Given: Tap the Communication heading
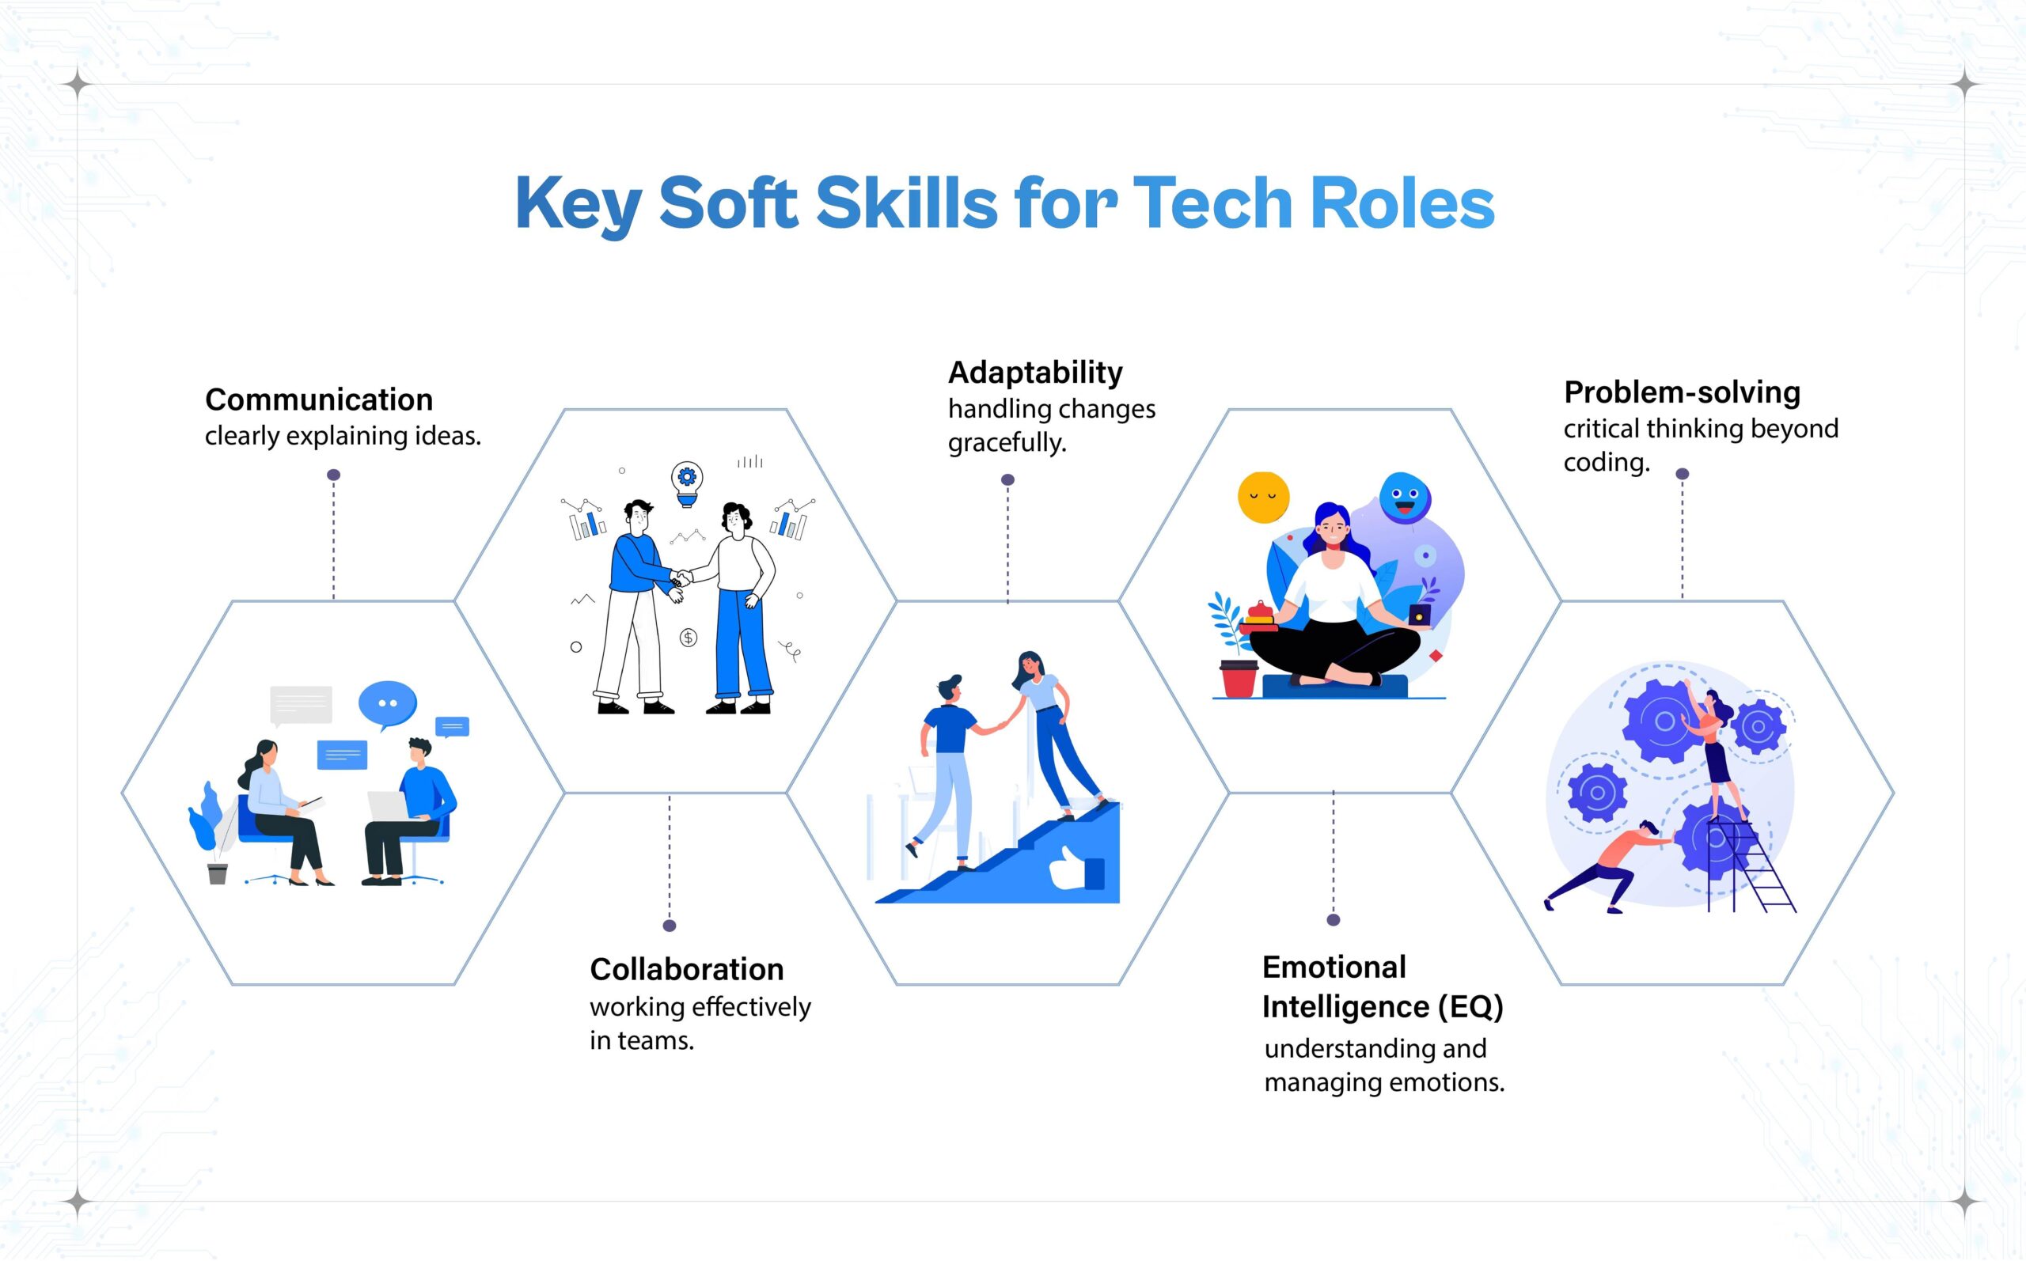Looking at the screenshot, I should coord(319,400).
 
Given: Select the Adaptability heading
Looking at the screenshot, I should coord(1035,372).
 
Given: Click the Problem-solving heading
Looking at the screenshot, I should coord(1682,392).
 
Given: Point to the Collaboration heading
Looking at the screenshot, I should coord(686,969).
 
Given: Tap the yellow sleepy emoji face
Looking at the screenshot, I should coord(1263,498).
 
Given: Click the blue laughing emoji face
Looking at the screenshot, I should coord(1404,497).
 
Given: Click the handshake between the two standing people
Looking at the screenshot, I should coord(681,577).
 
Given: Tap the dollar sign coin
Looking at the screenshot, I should coord(688,638).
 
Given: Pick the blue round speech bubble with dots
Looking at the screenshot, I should coord(387,703).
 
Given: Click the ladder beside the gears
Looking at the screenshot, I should coord(1751,867).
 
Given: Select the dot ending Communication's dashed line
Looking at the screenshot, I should coord(334,475).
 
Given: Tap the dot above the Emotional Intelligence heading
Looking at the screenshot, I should coord(1333,920).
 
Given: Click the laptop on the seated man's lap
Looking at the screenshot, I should coord(388,805).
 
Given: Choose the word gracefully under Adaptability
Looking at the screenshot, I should coord(1007,442).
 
